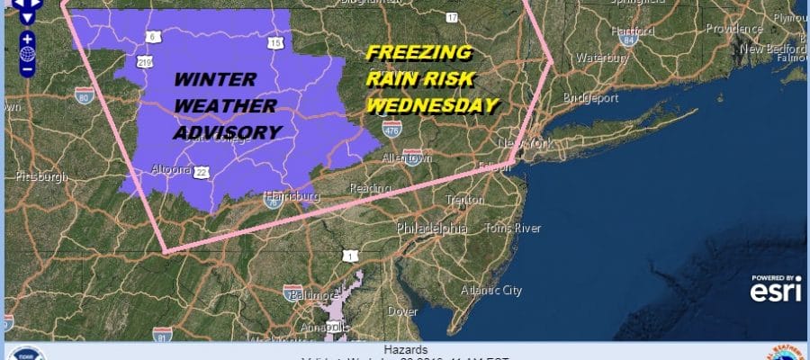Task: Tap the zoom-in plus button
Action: point(27,39)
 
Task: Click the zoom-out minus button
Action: point(27,67)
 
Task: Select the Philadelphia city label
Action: point(435,229)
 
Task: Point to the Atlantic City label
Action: point(490,291)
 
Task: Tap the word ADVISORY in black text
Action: point(226,132)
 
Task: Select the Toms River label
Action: point(513,229)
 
